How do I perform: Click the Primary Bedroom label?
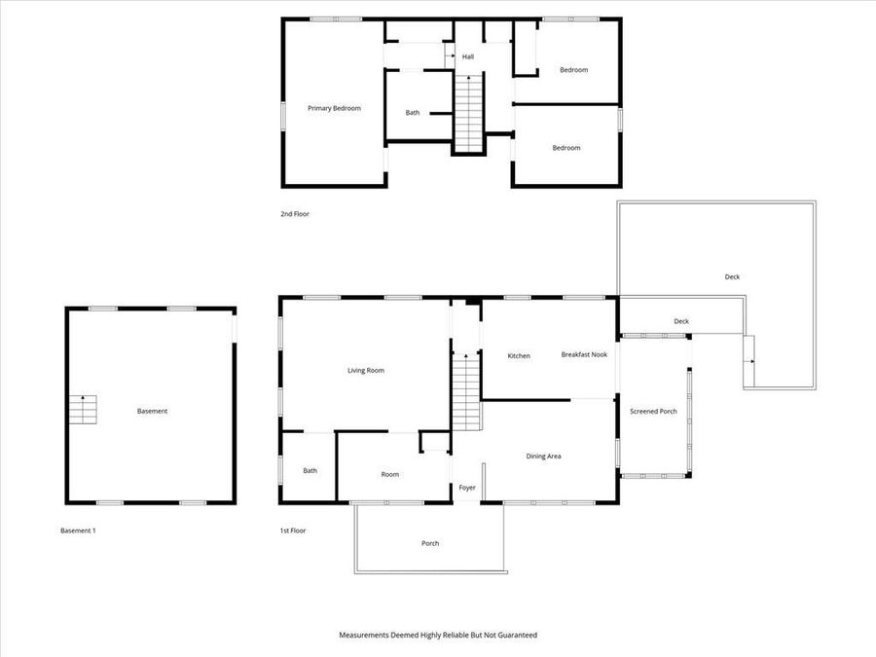coord(334,108)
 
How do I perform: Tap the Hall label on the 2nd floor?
coord(468,56)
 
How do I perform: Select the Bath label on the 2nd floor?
coord(413,113)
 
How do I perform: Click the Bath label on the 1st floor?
coord(310,471)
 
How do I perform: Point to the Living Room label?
coord(366,370)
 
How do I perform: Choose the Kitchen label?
coord(519,356)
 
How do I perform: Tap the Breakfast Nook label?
coord(584,354)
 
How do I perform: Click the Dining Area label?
coord(543,456)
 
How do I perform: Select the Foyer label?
coord(467,488)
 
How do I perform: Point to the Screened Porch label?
coord(653,412)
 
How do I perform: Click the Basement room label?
coord(152,411)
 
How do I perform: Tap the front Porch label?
coord(429,543)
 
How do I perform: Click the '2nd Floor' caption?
coord(295,213)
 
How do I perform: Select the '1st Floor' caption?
coord(292,530)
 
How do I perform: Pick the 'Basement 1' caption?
coord(78,530)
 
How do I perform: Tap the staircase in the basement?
coord(83,410)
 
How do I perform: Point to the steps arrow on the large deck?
coord(749,361)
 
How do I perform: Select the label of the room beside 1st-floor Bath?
coord(389,474)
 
